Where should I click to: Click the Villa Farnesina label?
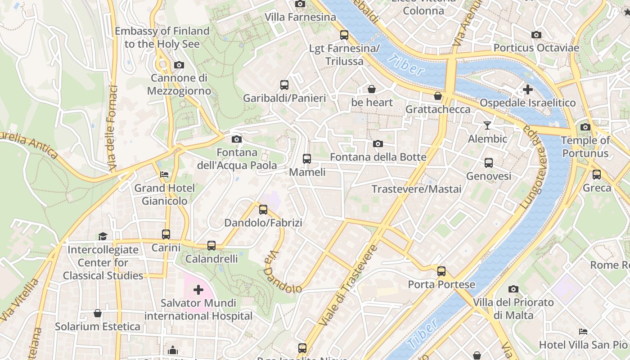click(300, 17)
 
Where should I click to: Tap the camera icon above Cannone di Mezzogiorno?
click(179, 65)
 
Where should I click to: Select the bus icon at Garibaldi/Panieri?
click(284, 85)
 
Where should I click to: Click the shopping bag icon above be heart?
click(372, 89)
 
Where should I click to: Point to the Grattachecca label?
click(438, 109)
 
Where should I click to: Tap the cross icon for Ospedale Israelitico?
click(528, 89)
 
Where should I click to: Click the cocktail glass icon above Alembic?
click(487, 125)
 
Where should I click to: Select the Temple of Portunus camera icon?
click(585, 127)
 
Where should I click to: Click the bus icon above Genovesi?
click(489, 162)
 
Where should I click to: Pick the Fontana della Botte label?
click(378, 157)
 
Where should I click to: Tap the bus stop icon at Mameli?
click(307, 158)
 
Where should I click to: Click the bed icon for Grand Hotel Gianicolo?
click(164, 174)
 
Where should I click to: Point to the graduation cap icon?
click(103, 236)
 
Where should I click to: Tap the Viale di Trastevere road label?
click(347, 286)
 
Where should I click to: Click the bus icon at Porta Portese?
click(441, 271)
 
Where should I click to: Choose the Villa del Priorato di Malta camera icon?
click(513, 289)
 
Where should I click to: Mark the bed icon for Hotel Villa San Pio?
click(583, 332)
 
